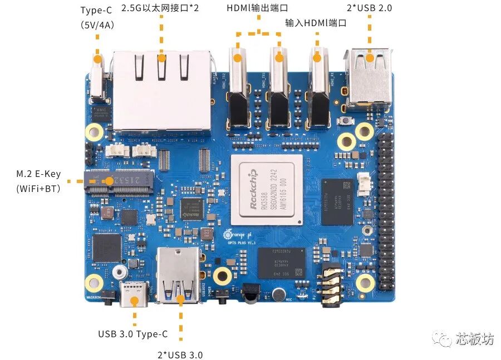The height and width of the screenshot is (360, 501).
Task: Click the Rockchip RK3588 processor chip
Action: pos(267,187)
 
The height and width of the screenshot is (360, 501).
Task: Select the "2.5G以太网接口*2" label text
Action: pos(161,8)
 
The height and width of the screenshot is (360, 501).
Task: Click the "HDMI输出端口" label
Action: pos(258,8)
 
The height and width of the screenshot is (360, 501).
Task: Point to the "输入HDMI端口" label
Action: pos(316,23)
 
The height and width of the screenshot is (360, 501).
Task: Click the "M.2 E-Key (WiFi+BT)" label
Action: pos(38,181)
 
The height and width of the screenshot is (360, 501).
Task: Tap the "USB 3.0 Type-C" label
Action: pos(132,334)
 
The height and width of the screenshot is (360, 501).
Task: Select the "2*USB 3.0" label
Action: pos(180,354)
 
